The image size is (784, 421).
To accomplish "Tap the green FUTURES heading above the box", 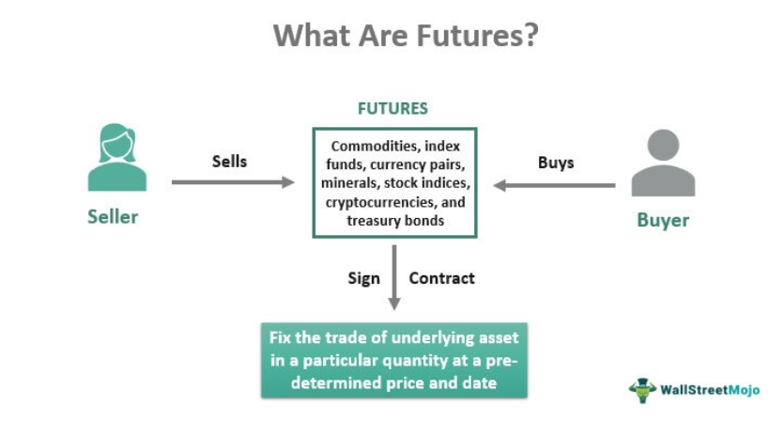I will coord(392,108).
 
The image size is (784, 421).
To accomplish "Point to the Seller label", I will coord(113,217).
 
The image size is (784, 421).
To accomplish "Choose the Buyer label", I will coord(663,221).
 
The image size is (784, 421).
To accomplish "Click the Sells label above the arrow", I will coord(229,162).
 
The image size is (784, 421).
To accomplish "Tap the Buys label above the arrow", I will coord(556,163).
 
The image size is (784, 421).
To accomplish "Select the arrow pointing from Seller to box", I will coord(233,181).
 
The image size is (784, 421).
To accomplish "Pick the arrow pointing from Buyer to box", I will coord(554,185).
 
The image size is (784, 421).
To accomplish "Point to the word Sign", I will coord(363,278).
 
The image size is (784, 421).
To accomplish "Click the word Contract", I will coord(441,278).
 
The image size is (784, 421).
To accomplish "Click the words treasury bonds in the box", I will coord(393,220).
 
